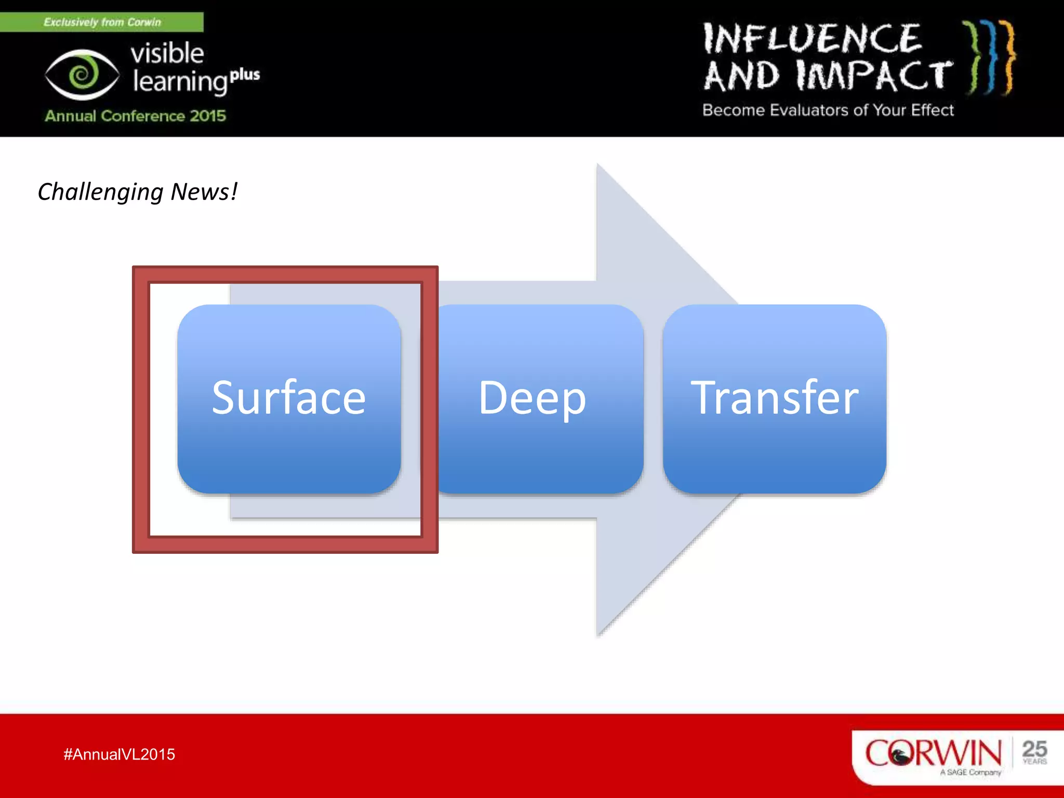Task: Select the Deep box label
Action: click(532, 398)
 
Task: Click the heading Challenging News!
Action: click(137, 192)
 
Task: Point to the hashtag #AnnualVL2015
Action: click(119, 754)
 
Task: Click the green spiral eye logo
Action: click(82, 75)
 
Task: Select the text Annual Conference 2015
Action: click(135, 115)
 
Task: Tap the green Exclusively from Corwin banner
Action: click(102, 22)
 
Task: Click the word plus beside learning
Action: click(245, 75)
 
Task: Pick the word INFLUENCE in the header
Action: click(812, 39)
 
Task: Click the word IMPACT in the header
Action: click(874, 76)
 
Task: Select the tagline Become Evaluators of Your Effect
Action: click(828, 110)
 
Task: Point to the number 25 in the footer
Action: click(1034, 749)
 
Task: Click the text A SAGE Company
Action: click(970, 773)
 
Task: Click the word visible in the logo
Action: click(167, 53)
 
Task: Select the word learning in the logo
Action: click(180, 82)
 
